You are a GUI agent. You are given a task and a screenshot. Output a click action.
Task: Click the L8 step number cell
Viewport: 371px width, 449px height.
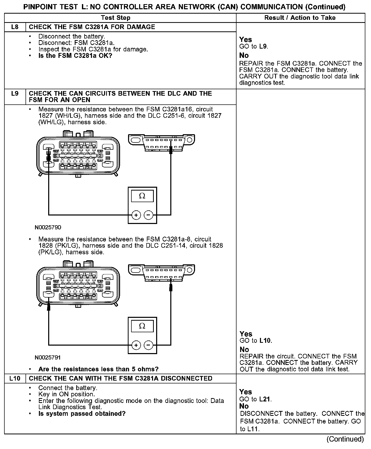(15, 27)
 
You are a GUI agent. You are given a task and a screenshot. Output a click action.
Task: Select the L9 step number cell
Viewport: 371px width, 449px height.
(15, 94)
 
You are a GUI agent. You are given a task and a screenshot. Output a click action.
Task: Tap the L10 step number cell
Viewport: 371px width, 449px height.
(15, 378)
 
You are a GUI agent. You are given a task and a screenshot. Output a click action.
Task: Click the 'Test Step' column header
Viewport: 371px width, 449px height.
(116, 18)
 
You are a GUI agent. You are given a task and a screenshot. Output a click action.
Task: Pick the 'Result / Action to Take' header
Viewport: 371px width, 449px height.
(300, 18)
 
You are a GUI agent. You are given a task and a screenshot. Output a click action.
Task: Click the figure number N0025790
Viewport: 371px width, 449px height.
(48, 227)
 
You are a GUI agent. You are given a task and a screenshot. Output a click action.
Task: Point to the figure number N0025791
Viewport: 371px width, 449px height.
(48, 357)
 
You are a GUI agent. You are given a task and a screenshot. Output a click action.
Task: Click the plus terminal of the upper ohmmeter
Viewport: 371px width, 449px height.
(136, 215)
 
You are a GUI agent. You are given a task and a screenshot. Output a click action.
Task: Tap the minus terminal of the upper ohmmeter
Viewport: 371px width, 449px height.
(148, 215)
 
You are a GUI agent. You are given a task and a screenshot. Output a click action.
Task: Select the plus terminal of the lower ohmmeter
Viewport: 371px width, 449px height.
(136, 345)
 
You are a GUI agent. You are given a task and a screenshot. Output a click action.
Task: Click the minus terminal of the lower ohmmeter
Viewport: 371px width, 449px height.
(148, 345)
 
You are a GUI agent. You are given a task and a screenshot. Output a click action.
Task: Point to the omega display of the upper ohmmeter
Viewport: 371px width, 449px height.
(142, 196)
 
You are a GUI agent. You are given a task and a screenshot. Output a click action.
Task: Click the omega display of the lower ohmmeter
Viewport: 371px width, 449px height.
(142, 326)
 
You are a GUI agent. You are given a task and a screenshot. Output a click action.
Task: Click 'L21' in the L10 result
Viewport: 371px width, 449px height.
(265, 399)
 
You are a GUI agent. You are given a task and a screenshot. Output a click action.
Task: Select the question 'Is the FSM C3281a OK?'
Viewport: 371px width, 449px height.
(75, 56)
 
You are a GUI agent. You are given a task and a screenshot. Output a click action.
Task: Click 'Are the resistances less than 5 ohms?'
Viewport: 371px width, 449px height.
(98, 369)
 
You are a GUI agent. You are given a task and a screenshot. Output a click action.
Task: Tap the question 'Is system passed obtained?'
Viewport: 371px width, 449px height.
(82, 414)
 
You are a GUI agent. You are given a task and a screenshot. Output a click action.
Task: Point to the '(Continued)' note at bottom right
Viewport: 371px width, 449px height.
(345, 439)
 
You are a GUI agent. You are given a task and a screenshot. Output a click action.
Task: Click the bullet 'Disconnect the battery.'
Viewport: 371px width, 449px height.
(72, 37)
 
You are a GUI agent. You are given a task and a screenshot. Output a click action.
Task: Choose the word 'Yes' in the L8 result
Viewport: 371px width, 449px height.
(246, 40)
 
